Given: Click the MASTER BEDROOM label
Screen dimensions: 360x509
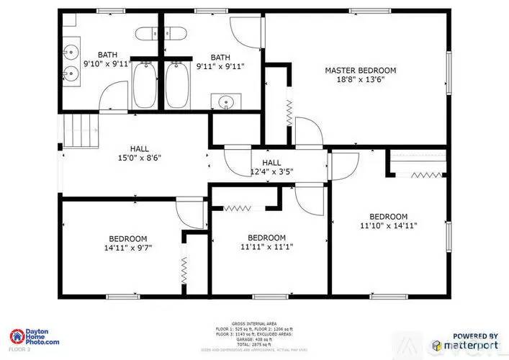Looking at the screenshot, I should coord(360,70).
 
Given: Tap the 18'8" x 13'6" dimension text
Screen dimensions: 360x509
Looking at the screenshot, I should coord(360,81).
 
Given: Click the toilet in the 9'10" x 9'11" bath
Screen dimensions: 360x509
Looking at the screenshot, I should coord(147,33).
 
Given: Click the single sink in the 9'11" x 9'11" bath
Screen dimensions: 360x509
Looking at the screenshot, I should coord(226,102).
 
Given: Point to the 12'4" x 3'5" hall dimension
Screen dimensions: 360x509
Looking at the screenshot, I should coord(271,171).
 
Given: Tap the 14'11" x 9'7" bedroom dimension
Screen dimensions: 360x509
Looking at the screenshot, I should coord(128,248).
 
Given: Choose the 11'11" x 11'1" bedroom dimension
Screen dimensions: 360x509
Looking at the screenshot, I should coord(266,247).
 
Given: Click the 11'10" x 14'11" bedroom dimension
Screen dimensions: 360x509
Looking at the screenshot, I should coord(389,226).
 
